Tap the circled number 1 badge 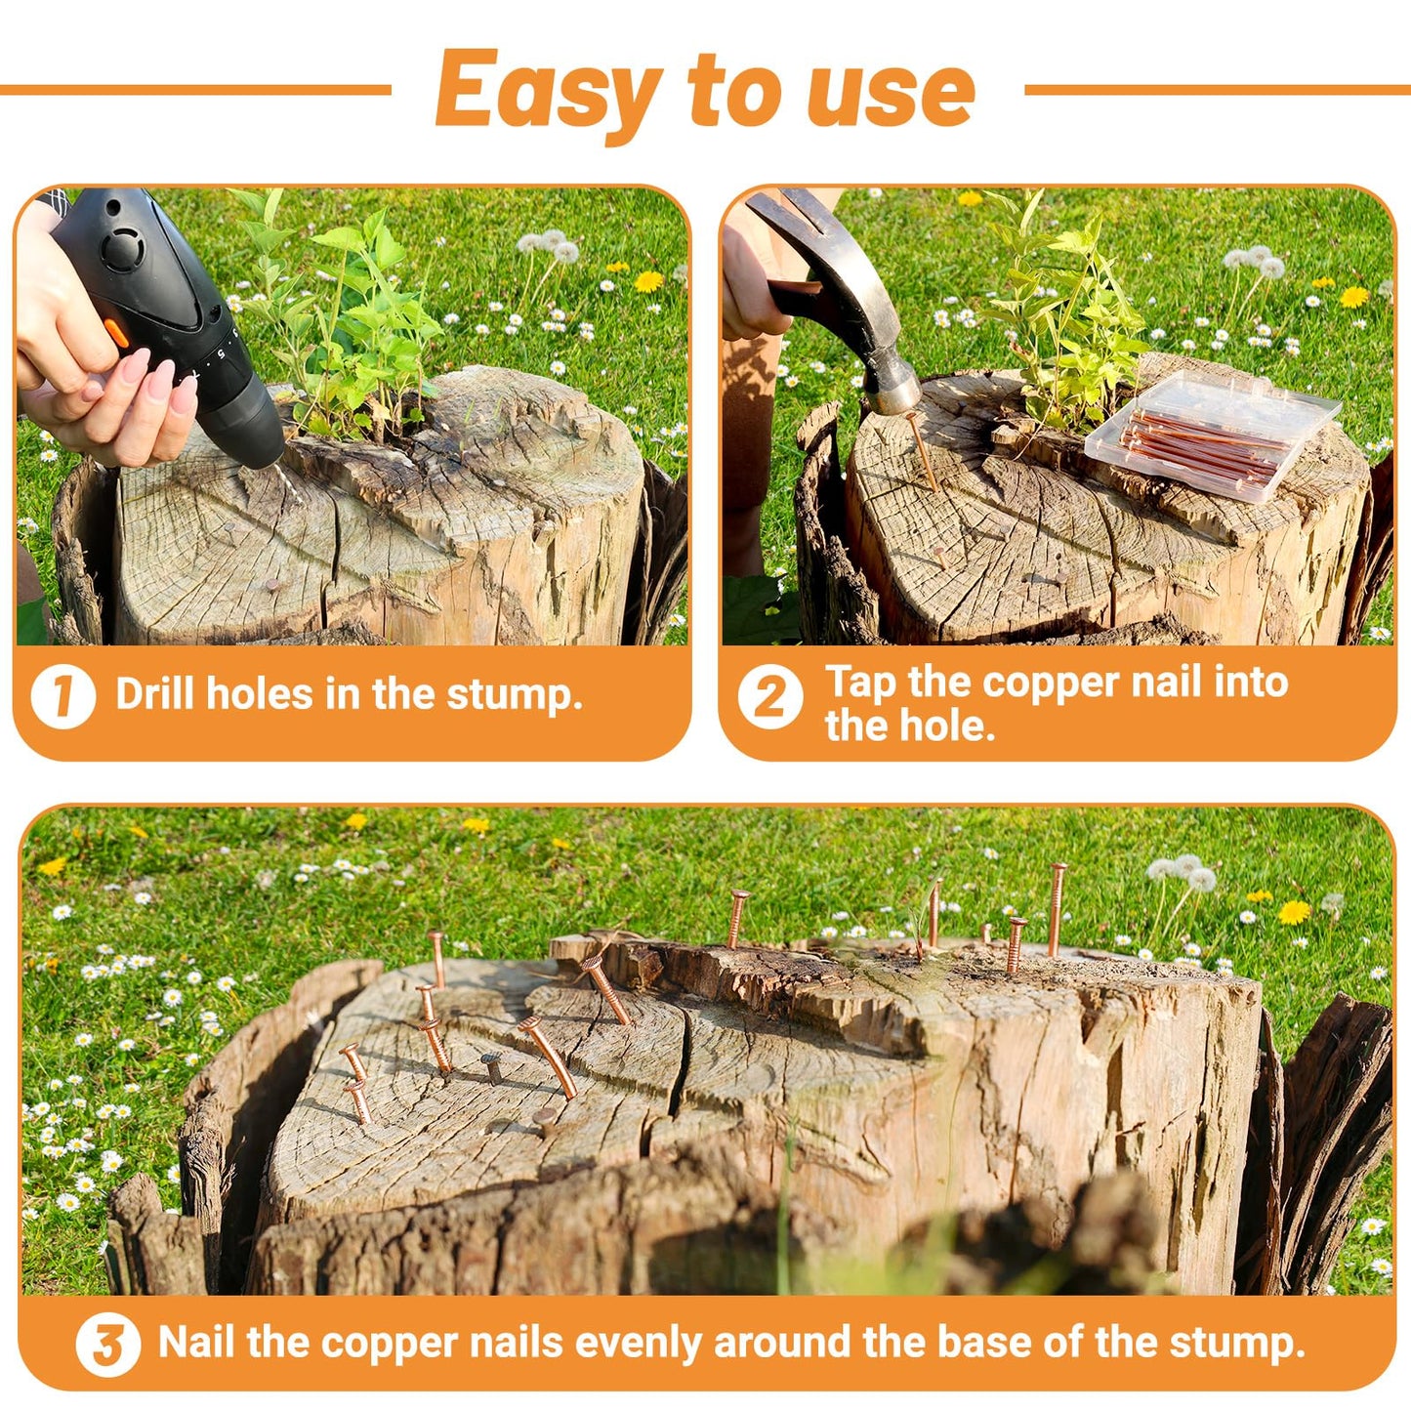(x=62, y=696)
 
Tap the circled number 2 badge (x=769, y=697)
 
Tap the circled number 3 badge (x=107, y=1345)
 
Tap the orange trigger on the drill (x=116, y=333)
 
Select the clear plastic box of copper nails (x=1211, y=435)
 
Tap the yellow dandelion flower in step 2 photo (x=1353, y=297)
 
